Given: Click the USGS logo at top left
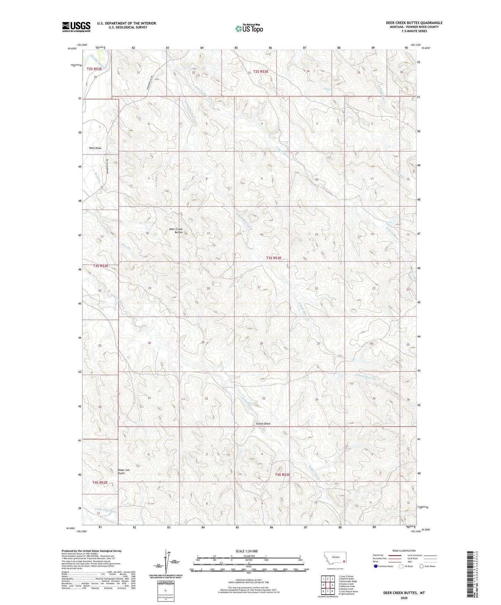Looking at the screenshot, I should (76, 27).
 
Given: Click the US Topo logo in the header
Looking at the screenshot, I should (249, 28).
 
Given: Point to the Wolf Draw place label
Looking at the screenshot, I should (95, 148).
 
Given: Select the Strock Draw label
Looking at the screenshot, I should (263, 424).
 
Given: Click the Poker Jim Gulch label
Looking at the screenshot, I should (123, 472).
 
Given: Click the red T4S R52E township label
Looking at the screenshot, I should (100, 482).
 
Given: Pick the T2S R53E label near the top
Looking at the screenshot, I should (261, 72).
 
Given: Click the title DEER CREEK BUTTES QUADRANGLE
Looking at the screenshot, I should (414, 23).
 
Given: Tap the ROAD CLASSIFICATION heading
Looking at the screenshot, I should (404, 551).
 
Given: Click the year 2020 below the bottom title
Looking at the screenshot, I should (404, 598).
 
